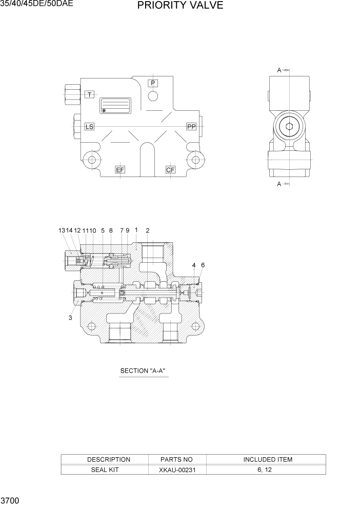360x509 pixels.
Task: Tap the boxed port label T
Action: (x=90, y=94)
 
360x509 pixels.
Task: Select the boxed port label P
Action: (x=153, y=83)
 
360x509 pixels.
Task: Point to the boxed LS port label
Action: (x=89, y=126)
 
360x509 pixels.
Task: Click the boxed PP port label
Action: (x=191, y=126)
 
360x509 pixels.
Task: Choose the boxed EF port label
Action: (x=120, y=170)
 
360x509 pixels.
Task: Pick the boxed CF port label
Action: (x=171, y=170)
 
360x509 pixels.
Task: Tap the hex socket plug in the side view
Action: (x=289, y=129)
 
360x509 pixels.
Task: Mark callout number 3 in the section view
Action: (x=70, y=318)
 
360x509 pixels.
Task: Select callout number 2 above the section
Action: (x=148, y=231)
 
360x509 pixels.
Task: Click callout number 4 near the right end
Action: (x=194, y=265)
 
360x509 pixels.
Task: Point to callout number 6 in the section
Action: (x=203, y=265)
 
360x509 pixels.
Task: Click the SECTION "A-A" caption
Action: (x=143, y=370)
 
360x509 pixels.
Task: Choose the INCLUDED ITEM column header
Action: (x=268, y=459)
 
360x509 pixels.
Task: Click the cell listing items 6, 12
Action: (x=268, y=469)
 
